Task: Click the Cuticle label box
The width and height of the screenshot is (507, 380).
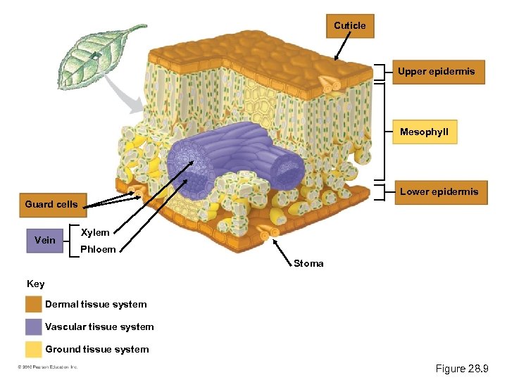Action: point(349,26)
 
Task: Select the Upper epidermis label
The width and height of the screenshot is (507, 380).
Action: point(437,72)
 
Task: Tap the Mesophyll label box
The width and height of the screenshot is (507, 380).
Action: point(424,132)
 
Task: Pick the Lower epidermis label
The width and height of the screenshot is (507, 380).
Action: point(439,192)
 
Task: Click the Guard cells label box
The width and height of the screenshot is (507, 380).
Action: point(51,205)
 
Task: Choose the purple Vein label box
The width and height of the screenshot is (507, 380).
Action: point(45,241)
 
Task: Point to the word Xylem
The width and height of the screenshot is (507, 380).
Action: point(95,233)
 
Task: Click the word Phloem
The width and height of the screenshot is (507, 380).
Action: point(98,249)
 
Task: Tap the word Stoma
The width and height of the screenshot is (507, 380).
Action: point(308,264)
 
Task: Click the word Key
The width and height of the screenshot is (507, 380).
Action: point(35,284)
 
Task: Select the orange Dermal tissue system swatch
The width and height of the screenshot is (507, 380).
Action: point(33,305)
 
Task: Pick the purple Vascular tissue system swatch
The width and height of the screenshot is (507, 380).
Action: point(33,327)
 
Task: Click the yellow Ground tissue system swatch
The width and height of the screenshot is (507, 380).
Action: point(33,349)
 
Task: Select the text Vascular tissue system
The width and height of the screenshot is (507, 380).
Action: point(99,327)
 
